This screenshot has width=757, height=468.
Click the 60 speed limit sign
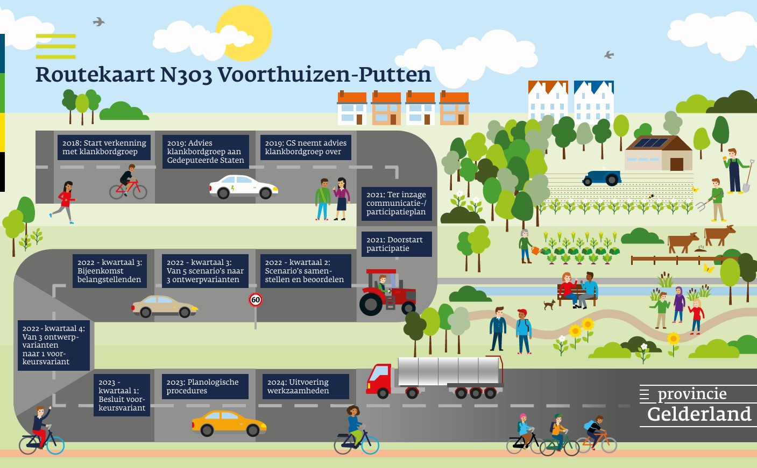(x=256, y=300)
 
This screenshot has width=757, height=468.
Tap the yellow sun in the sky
(x=244, y=33)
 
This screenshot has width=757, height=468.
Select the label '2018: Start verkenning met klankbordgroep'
(x=104, y=147)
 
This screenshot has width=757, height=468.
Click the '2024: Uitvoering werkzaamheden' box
(x=306, y=386)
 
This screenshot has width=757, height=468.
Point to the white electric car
(x=243, y=186)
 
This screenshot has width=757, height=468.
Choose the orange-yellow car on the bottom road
(x=229, y=423)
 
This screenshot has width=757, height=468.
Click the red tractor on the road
(x=388, y=292)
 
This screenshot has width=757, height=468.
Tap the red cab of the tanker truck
(x=379, y=379)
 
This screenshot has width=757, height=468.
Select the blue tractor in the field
(x=602, y=178)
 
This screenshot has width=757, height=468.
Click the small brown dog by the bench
(x=549, y=304)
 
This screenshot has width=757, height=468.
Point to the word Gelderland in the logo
(x=699, y=414)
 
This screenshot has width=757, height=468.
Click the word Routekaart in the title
(x=95, y=75)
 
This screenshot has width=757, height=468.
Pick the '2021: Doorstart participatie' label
(x=397, y=244)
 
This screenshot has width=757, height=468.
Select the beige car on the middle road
(x=164, y=306)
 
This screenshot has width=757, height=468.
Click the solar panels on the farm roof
(x=650, y=143)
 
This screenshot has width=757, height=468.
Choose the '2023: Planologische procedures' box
(x=205, y=386)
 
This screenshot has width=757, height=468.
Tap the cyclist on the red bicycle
(x=128, y=182)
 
